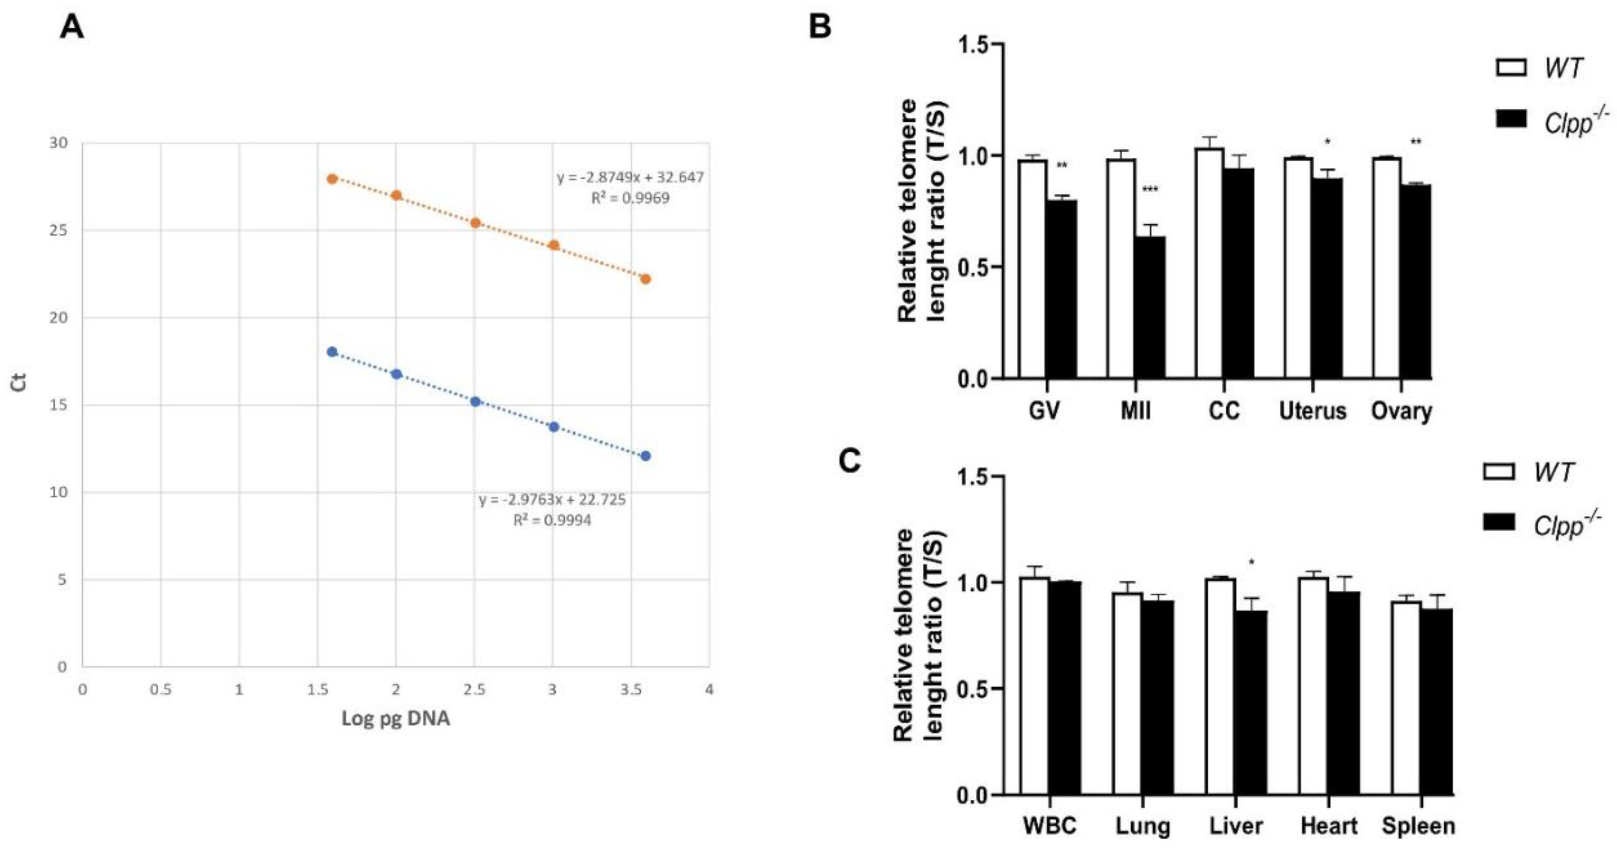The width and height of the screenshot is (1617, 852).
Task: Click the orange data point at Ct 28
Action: coord(332,179)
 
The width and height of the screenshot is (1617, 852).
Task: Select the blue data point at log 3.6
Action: coord(645,456)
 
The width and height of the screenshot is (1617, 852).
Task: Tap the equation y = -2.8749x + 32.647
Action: coord(630,178)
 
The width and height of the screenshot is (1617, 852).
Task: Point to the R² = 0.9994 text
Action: coord(552,520)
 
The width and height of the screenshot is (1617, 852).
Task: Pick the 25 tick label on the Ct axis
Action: coord(58,230)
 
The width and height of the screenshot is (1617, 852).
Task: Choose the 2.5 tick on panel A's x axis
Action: coord(474,689)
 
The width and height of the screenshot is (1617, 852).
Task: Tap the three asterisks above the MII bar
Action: coord(1150,190)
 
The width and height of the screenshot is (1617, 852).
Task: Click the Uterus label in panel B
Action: coord(1313,411)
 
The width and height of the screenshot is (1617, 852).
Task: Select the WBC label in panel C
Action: coord(1049,826)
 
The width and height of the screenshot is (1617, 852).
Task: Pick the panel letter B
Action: coord(820,27)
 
